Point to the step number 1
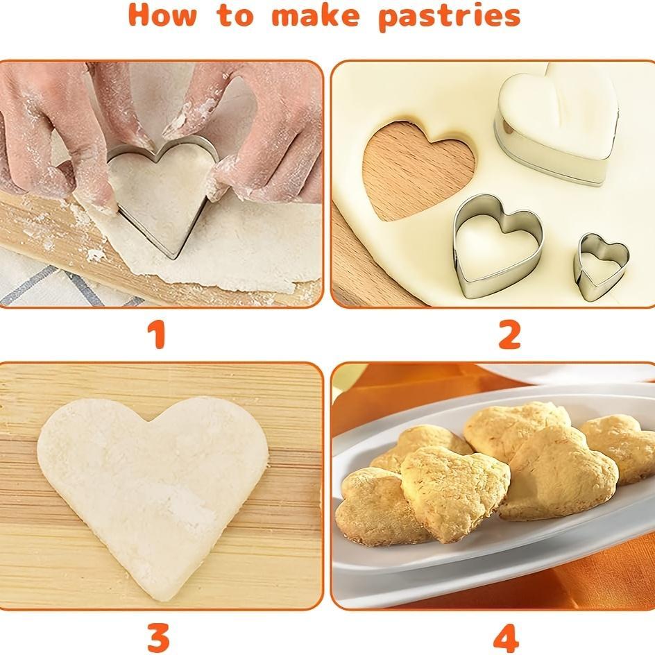point(158,335)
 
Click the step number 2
point(509,335)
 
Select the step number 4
point(506,637)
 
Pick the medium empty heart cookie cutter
point(497,246)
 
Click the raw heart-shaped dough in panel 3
point(153,479)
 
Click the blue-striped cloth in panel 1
point(42,284)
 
